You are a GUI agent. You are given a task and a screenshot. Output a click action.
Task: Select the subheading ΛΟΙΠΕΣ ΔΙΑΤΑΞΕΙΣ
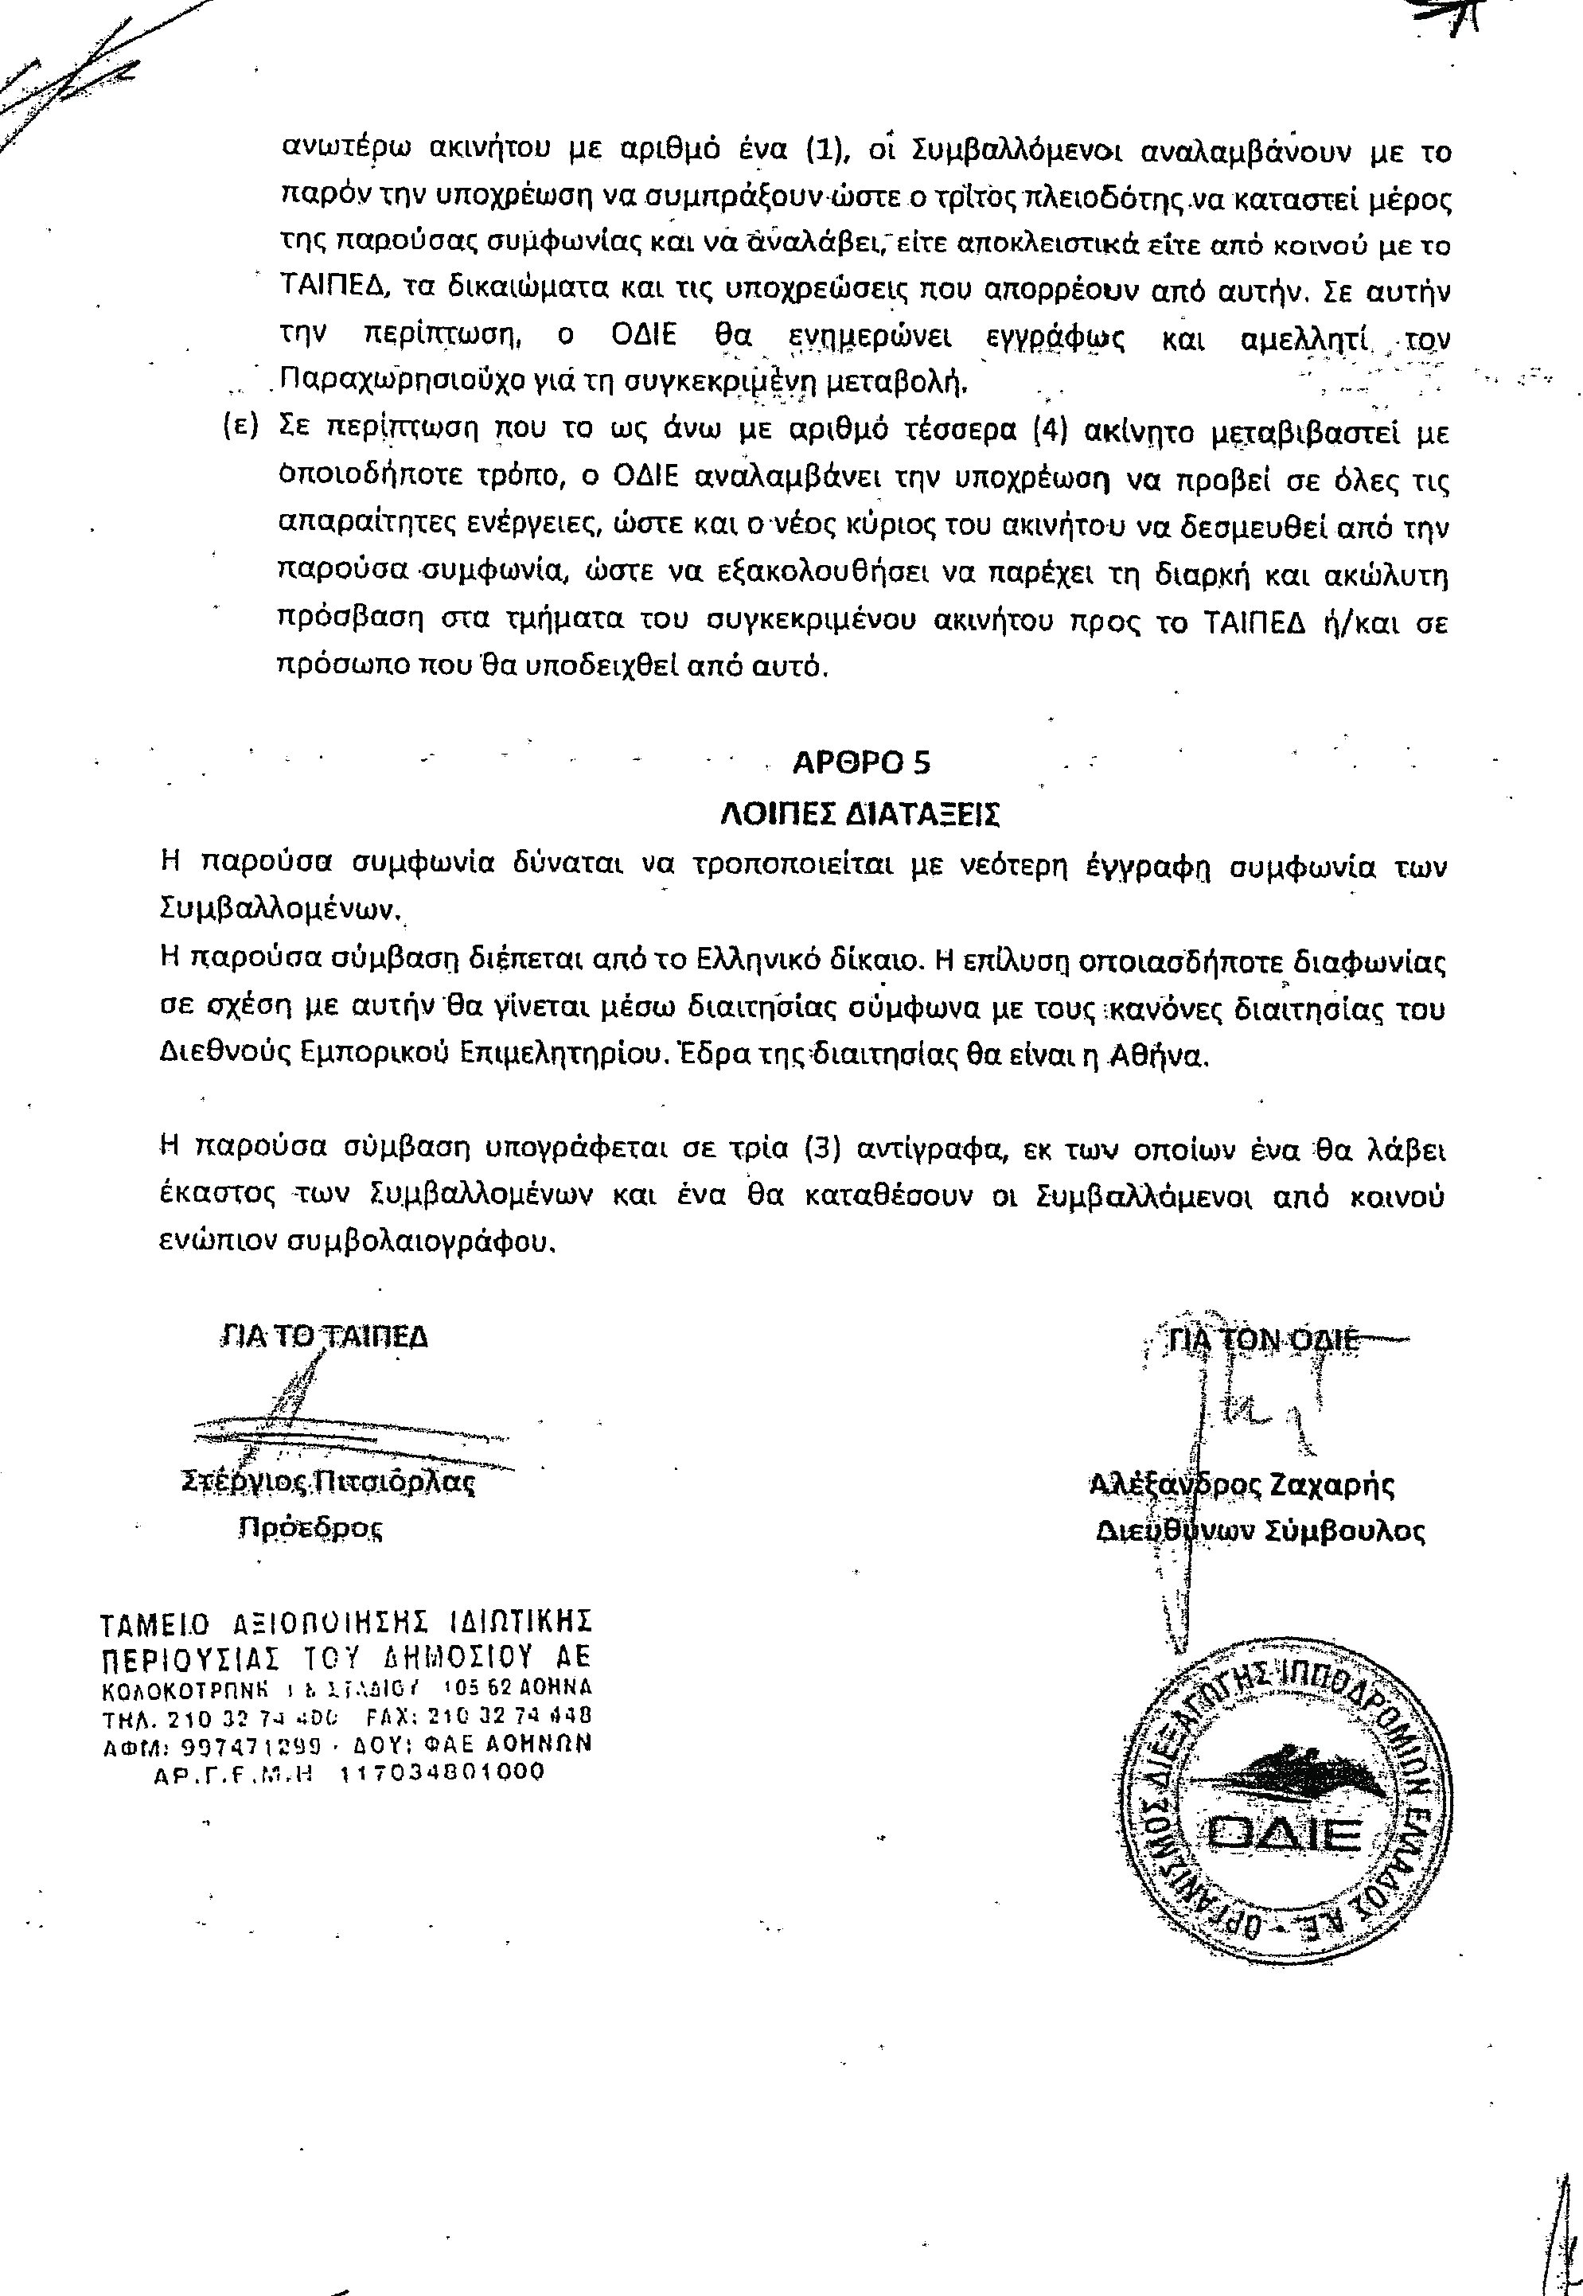tap(859, 813)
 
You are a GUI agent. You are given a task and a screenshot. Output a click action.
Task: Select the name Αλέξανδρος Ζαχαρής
tap(1242, 1485)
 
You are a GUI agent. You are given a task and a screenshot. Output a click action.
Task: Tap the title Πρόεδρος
tap(310, 1527)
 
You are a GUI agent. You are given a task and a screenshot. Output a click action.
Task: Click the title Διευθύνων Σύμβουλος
tap(1261, 1530)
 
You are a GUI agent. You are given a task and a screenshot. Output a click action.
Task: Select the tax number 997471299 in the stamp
tap(239, 1744)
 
